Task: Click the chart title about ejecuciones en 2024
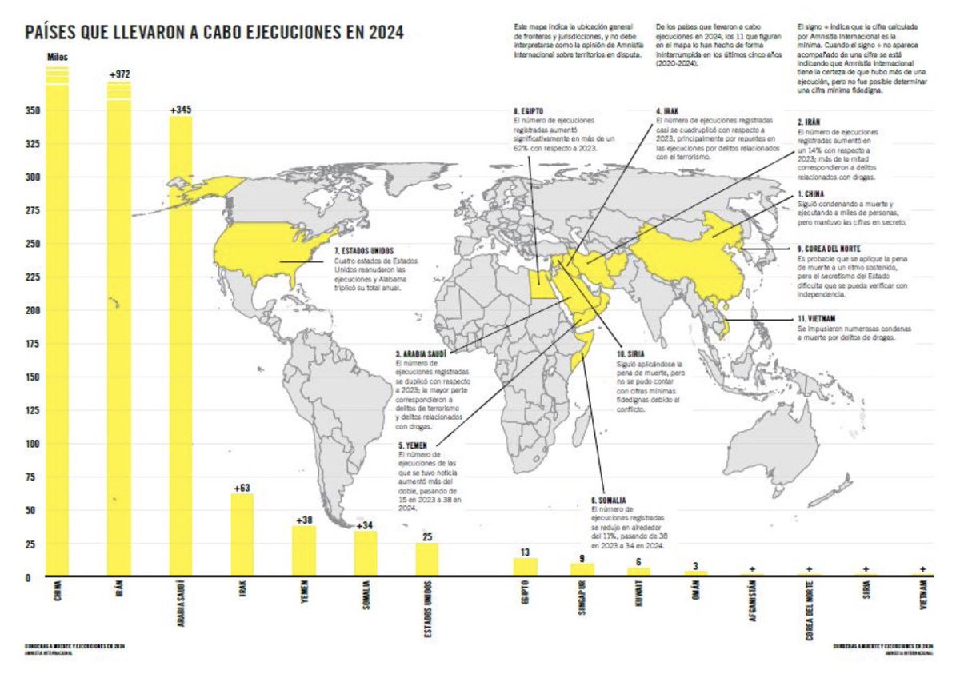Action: [214, 32]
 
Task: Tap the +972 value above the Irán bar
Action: [119, 74]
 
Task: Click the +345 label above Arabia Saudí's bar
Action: [181, 110]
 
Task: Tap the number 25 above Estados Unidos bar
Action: [426, 536]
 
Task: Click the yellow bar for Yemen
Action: [304, 551]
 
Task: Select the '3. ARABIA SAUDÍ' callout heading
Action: [423, 353]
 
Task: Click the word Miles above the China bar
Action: [58, 57]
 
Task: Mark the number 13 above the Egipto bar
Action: [525, 552]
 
